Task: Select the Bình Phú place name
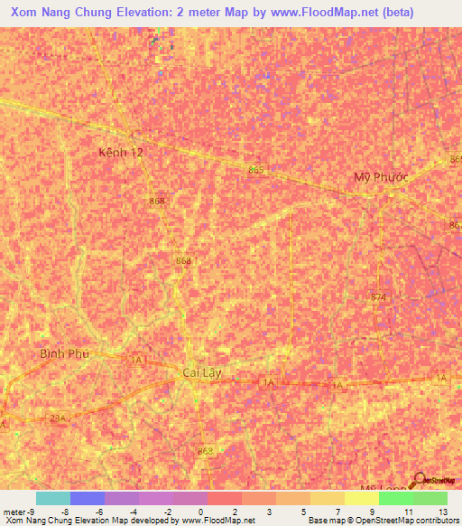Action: tap(65, 353)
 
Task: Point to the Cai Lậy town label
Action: tap(202, 372)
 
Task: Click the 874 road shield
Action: tap(378, 296)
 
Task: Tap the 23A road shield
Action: tap(58, 418)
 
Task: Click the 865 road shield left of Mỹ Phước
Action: tap(257, 170)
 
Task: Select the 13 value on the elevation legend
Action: tap(442, 511)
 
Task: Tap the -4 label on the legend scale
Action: tap(133, 511)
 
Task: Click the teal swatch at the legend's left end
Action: tap(52, 498)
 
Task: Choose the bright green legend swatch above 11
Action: tap(395, 498)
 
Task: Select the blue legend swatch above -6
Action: tap(87, 498)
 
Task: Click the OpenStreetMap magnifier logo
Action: tap(420, 482)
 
